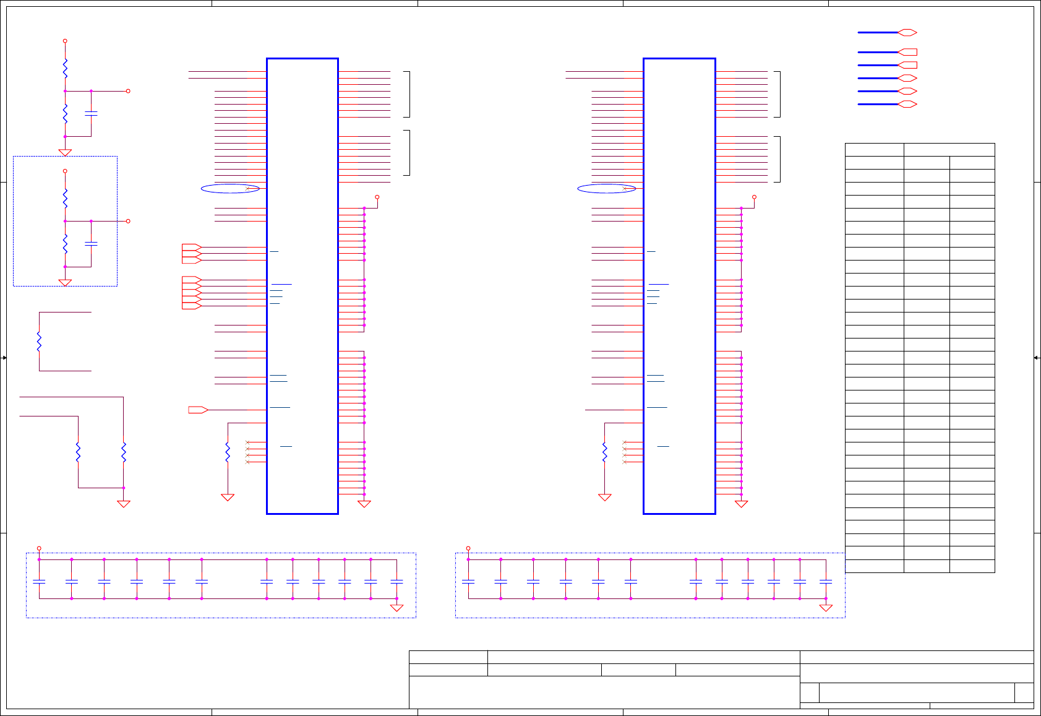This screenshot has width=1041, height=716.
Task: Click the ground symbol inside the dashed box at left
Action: (65, 282)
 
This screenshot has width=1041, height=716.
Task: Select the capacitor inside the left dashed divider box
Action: (91, 244)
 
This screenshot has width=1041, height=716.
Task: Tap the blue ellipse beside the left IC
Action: (230, 189)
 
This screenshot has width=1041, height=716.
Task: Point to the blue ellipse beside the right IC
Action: (606, 189)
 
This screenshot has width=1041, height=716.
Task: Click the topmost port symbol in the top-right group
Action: (907, 32)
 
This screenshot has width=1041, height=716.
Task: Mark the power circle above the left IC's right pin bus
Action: (377, 197)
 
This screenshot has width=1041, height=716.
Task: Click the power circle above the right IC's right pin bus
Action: (754, 197)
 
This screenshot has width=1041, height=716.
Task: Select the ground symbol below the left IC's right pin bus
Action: (364, 504)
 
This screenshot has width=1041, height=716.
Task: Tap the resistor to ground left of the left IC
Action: (228, 452)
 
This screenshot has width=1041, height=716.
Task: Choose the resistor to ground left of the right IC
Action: (605, 452)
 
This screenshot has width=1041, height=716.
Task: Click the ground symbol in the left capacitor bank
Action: (396, 608)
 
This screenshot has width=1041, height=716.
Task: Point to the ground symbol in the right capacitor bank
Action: (826, 608)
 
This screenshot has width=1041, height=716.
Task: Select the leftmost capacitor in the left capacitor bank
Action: (39, 582)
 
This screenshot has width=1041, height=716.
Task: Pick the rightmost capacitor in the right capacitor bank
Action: (826, 582)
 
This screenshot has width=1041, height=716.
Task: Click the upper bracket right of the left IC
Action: (408, 94)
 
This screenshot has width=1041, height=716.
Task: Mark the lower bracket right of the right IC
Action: (778, 159)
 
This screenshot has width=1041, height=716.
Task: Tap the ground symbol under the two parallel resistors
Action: (124, 504)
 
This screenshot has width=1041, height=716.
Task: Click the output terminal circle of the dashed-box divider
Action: (128, 221)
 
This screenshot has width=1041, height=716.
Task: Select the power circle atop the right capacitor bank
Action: (468, 548)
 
